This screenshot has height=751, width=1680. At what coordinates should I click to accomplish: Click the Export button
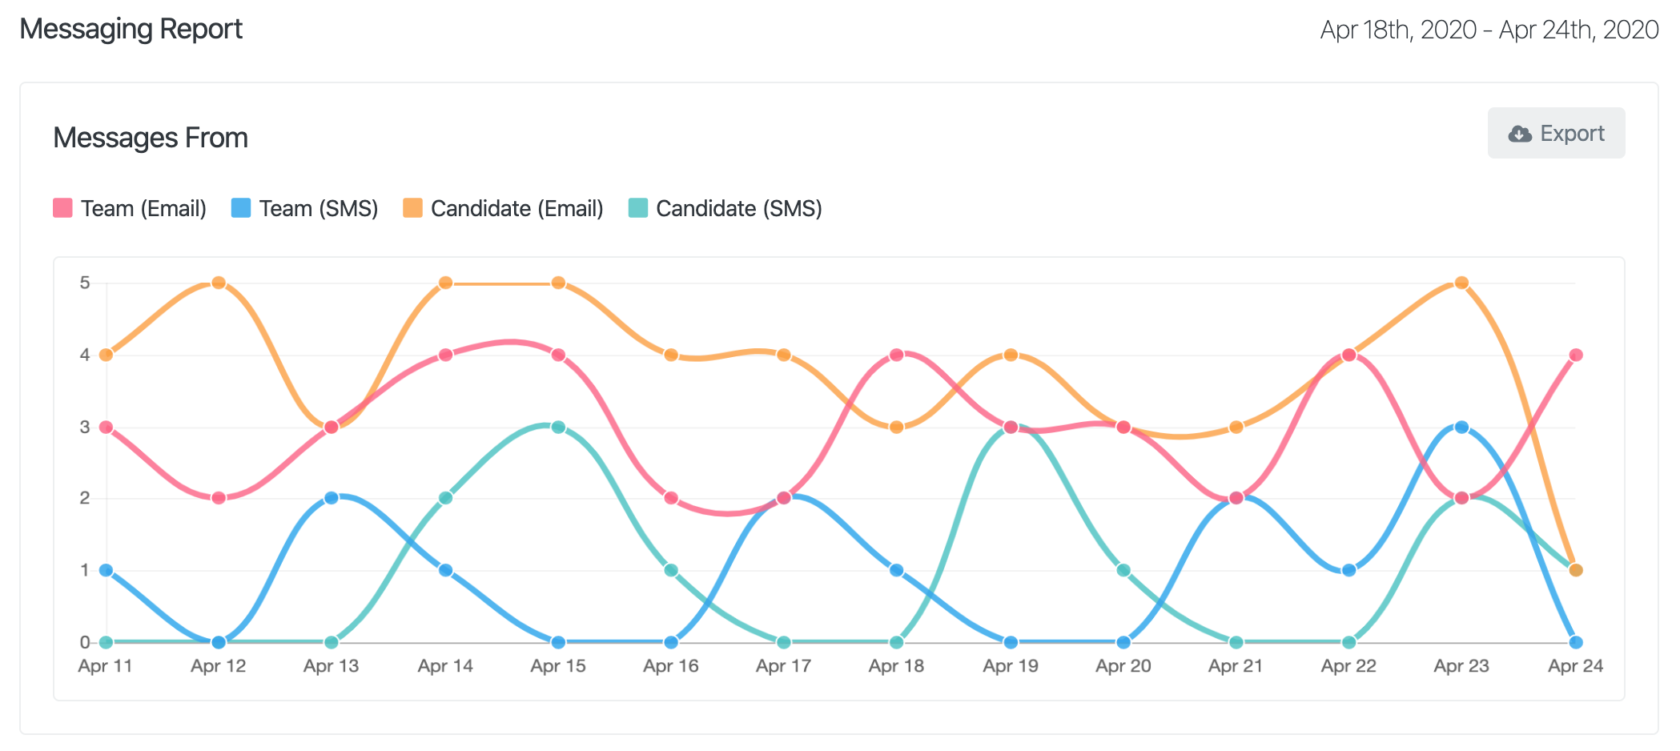(x=1556, y=133)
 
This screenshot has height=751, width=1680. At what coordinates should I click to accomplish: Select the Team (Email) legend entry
(x=131, y=208)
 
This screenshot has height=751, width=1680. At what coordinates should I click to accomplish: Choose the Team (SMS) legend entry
(x=305, y=208)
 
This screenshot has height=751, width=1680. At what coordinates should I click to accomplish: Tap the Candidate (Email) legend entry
(x=504, y=208)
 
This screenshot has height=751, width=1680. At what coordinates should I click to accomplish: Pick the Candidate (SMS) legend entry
(x=725, y=208)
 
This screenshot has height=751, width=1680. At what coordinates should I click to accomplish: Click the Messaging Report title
(x=131, y=29)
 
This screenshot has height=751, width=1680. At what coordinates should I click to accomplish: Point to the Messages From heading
(x=151, y=138)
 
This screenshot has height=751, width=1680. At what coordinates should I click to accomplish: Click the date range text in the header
(x=1489, y=30)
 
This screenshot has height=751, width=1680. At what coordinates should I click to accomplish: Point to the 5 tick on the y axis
(x=85, y=283)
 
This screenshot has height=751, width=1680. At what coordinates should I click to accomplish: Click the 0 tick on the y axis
(x=85, y=642)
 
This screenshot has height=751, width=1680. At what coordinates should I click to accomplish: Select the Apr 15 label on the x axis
(x=558, y=666)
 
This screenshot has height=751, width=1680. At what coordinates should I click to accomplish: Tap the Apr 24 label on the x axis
(x=1575, y=666)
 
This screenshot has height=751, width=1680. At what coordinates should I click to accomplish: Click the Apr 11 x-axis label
(x=105, y=666)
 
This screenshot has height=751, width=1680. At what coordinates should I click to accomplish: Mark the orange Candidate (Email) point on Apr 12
(x=219, y=283)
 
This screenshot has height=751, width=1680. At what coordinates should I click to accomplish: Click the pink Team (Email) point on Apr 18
(x=897, y=355)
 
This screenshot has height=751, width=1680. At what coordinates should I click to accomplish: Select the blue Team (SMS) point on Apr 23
(x=1461, y=427)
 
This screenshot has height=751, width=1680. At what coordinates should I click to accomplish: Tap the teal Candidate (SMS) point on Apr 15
(x=558, y=427)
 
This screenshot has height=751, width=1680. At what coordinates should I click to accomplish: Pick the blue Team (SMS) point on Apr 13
(x=332, y=498)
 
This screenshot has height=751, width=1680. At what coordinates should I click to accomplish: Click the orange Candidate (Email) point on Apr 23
(x=1461, y=283)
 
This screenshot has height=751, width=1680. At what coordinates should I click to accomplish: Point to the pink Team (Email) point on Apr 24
(x=1576, y=355)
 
